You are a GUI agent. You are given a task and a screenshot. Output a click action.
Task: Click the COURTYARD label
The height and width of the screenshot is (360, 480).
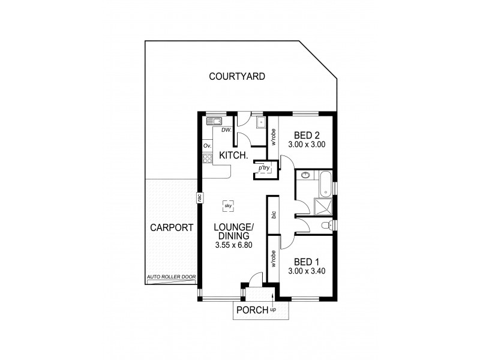point(237,76)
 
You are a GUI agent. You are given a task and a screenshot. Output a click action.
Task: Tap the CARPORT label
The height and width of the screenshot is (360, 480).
point(171,228)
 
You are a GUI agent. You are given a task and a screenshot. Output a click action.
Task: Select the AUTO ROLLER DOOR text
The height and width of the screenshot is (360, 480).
point(171,277)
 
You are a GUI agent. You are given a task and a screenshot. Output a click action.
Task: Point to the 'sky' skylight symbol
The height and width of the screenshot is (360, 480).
point(228,205)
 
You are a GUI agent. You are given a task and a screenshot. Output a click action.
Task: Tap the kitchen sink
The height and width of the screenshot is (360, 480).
point(214,121)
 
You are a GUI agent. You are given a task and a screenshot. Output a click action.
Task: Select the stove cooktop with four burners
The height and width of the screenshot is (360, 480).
point(208,159)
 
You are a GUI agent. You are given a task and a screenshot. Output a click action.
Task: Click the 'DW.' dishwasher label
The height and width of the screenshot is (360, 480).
point(226,130)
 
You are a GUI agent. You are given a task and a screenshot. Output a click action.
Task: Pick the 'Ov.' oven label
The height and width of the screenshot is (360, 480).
point(208,146)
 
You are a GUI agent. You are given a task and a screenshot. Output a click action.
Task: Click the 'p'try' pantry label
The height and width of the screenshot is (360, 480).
point(265,169)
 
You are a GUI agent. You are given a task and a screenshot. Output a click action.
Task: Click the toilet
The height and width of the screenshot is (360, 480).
point(326,226)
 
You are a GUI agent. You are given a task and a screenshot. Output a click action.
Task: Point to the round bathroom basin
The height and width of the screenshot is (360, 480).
point(305,176)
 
